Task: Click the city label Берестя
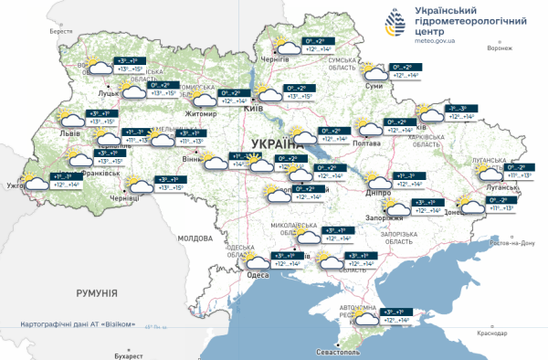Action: tap(61, 30)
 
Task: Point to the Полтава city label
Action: tap(365, 143)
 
